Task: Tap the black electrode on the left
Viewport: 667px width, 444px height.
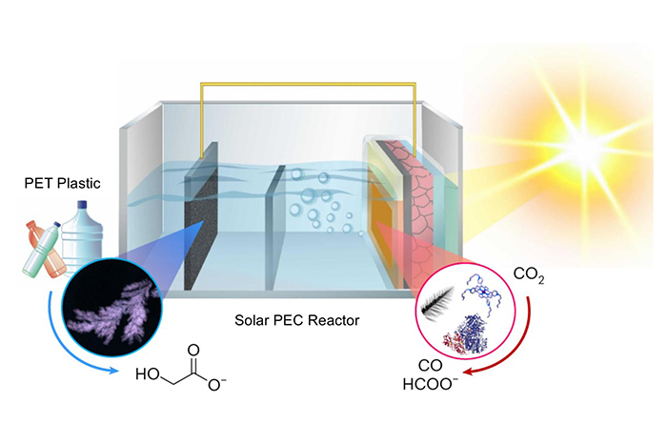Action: pos(202,221)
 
